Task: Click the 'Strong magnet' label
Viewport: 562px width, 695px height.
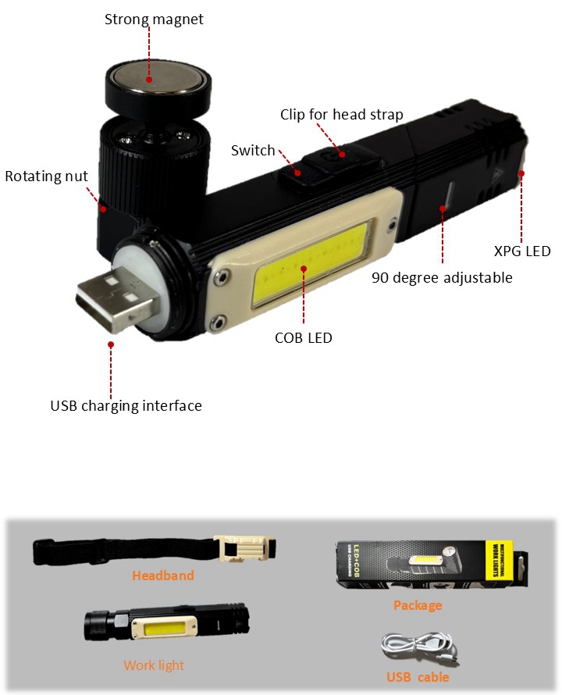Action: point(154,20)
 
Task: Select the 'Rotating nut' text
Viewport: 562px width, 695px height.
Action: point(46,176)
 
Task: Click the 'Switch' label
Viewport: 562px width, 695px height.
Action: point(253,151)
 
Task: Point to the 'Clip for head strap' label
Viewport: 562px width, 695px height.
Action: point(342,115)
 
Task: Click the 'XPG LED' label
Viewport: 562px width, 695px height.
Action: point(522,251)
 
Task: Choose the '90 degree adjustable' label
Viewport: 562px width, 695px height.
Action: point(442,278)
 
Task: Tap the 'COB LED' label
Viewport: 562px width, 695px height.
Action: point(303,338)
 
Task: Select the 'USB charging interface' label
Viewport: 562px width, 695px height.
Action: point(126,406)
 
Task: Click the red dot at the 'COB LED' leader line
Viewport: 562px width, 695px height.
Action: point(304,269)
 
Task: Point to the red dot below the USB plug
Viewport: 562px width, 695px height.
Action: point(111,344)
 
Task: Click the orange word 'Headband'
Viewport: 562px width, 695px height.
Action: point(163,576)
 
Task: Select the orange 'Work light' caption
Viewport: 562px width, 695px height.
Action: point(154,665)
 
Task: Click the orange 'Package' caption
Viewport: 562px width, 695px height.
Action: point(418,605)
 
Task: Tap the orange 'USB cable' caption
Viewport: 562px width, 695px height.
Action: point(418,677)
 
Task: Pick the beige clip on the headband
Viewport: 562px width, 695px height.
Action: point(244,548)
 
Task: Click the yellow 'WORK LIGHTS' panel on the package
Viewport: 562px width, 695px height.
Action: point(499,560)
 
